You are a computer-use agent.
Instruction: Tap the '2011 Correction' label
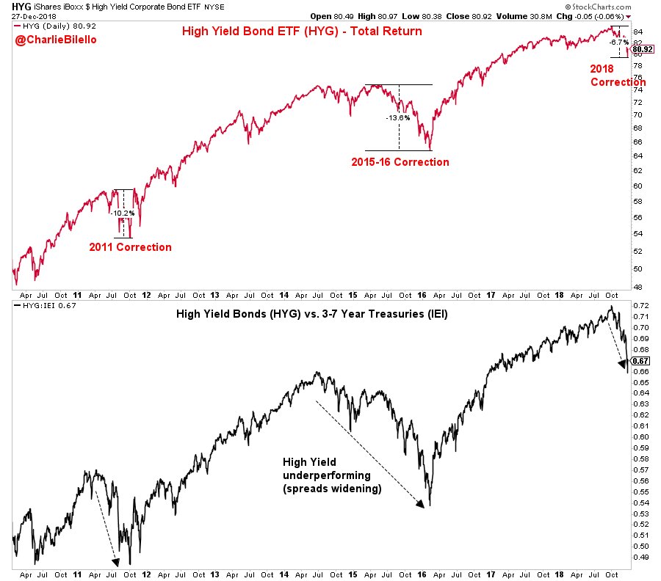click(130, 247)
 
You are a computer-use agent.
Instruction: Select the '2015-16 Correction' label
click(400, 162)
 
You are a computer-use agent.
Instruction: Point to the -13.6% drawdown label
click(398, 117)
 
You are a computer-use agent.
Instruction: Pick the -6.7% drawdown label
click(618, 43)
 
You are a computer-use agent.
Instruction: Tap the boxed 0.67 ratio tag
click(641, 361)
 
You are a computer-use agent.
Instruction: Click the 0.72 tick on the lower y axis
click(640, 305)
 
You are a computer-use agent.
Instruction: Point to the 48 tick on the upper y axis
click(637, 287)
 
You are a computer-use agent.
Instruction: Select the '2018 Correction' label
click(618, 75)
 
